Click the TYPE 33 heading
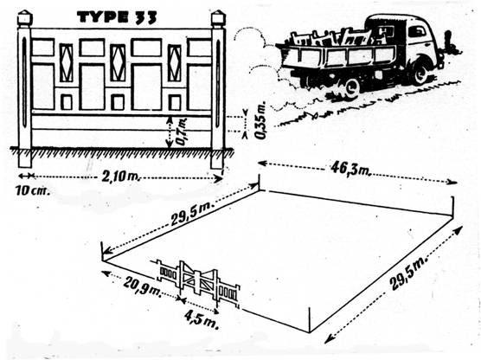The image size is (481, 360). (117, 17)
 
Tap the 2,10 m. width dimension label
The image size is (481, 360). (120, 177)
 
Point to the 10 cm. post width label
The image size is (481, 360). (33, 191)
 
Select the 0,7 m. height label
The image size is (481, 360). (182, 132)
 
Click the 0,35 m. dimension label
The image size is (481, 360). (261, 121)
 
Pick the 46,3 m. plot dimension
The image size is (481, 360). (350, 169)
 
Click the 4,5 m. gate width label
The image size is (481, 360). (202, 319)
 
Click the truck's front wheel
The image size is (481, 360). (420, 74)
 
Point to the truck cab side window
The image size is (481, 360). (417, 32)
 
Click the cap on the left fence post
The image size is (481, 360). (25, 18)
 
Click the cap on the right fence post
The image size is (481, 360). (218, 18)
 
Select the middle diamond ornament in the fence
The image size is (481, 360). (118, 63)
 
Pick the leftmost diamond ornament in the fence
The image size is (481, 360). (67, 62)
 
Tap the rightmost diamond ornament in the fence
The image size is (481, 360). (175, 63)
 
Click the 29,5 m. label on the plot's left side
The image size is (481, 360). (192, 215)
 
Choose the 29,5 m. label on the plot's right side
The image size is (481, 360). (409, 273)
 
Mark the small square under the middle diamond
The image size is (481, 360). (118, 102)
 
